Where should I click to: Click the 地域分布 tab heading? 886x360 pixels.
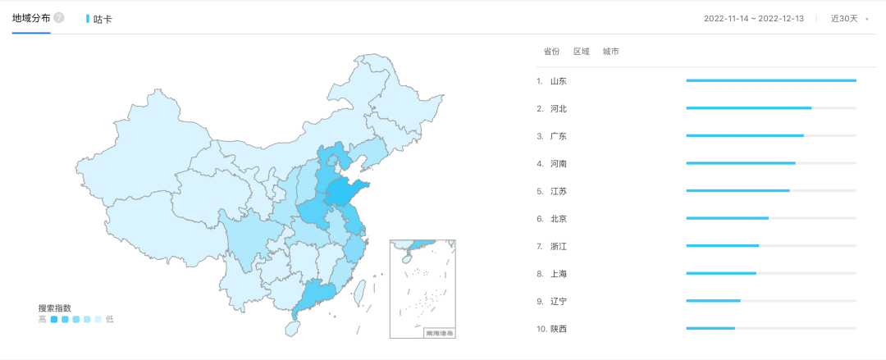click(x=31, y=18)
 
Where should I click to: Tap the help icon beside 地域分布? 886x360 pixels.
click(x=59, y=18)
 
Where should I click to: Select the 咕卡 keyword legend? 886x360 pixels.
click(x=99, y=19)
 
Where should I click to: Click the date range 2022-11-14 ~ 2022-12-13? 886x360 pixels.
click(x=754, y=19)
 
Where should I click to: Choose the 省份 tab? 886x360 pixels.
click(x=551, y=52)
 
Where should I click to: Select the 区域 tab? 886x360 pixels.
click(x=581, y=52)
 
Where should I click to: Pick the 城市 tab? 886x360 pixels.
click(x=610, y=52)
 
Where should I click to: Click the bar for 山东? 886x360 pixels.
click(x=770, y=80)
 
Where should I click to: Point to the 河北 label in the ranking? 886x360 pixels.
click(x=559, y=108)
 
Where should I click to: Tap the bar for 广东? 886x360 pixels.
click(x=745, y=135)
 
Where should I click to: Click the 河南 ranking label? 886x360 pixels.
click(x=559, y=163)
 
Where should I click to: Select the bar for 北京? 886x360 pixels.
click(x=727, y=218)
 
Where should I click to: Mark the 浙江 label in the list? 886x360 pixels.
click(x=559, y=246)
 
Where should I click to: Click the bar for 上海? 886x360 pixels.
click(x=721, y=273)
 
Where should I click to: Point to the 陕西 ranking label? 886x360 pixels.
click(x=559, y=329)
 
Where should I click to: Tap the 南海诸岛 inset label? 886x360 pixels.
click(x=439, y=333)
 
